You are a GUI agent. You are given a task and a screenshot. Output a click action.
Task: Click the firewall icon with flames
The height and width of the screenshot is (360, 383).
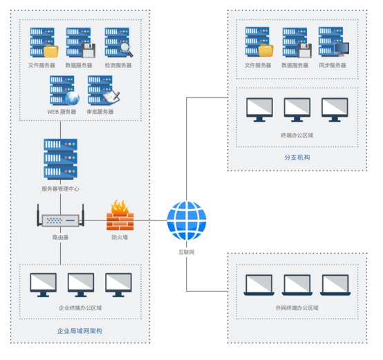[120, 215]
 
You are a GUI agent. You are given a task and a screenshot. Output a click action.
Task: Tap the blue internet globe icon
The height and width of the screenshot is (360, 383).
[187, 220]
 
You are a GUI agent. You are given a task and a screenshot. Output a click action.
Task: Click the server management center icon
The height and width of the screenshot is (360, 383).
[61, 159]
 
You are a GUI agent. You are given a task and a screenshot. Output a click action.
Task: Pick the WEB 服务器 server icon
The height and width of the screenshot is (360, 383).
[64, 91]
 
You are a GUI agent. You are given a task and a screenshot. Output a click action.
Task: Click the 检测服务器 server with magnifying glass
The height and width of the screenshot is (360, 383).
[119, 43]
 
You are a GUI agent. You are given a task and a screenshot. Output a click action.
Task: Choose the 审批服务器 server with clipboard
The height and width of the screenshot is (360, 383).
[104, 91]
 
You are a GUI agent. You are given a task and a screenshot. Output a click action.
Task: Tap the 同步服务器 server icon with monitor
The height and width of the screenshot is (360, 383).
[334, 41]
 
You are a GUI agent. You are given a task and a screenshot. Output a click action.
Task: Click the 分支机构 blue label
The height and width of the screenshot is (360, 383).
[297, 158]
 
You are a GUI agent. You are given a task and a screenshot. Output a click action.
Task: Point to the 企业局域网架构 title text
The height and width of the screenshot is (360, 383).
[80, 331]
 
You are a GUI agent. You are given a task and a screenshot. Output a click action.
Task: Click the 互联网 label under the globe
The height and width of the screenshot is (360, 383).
[187, 252]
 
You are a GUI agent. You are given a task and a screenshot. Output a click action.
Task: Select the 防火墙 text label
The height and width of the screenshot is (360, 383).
[120, 237]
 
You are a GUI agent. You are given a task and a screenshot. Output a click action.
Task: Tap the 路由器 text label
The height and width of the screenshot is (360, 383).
[60, 237]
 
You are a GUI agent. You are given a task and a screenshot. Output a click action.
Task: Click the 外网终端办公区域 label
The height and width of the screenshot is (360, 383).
[297, 308]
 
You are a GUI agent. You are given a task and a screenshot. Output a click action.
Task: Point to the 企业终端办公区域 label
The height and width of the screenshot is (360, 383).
[80, 308]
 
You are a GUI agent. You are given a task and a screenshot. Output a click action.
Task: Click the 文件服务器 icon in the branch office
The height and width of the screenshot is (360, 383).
[259, 41]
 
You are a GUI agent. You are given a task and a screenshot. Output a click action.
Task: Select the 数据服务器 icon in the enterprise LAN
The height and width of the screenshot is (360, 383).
[81, 43]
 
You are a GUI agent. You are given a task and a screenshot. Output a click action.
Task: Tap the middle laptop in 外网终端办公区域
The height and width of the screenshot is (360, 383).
[297, 285]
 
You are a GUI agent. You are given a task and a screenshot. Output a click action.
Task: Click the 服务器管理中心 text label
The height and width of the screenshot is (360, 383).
[60, 189]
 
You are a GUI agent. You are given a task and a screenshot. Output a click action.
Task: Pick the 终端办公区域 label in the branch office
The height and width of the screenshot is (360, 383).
[297, 135]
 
